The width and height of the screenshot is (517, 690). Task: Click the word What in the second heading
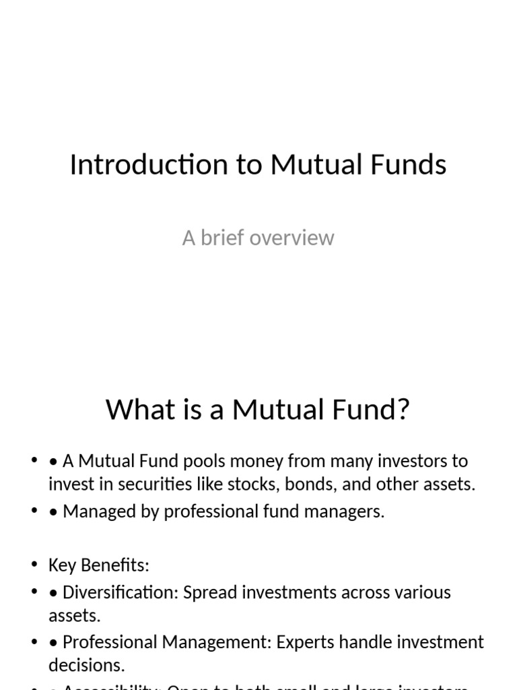point(136,410)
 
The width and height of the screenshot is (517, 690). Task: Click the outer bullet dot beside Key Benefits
point(34,565)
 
